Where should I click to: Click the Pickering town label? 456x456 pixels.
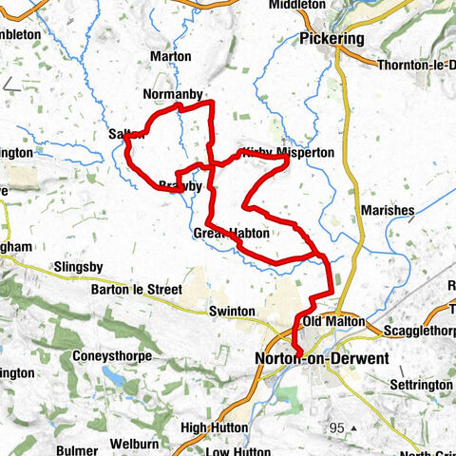coord(331,40)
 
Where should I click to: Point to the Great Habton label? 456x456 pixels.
coord(232,233)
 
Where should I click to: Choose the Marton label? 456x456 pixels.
coord(170,57)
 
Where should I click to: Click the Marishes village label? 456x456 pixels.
coord(385,210)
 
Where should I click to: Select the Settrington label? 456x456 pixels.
coord(422,385)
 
